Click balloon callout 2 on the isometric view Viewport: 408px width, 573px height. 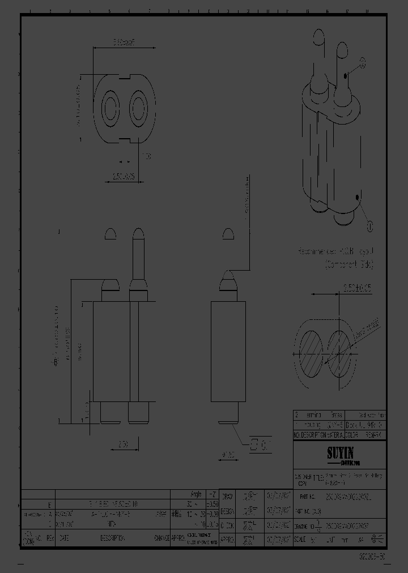coord(363,64)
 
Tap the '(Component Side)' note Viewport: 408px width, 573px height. coord(349,264)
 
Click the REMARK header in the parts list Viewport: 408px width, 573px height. coord(373,435)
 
